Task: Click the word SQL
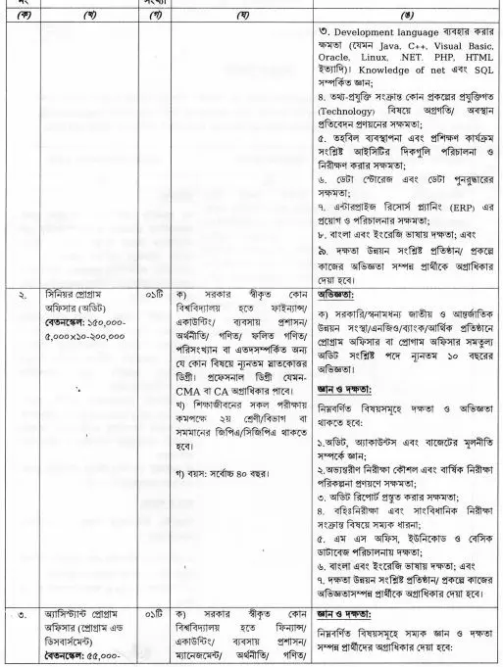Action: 484,84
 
